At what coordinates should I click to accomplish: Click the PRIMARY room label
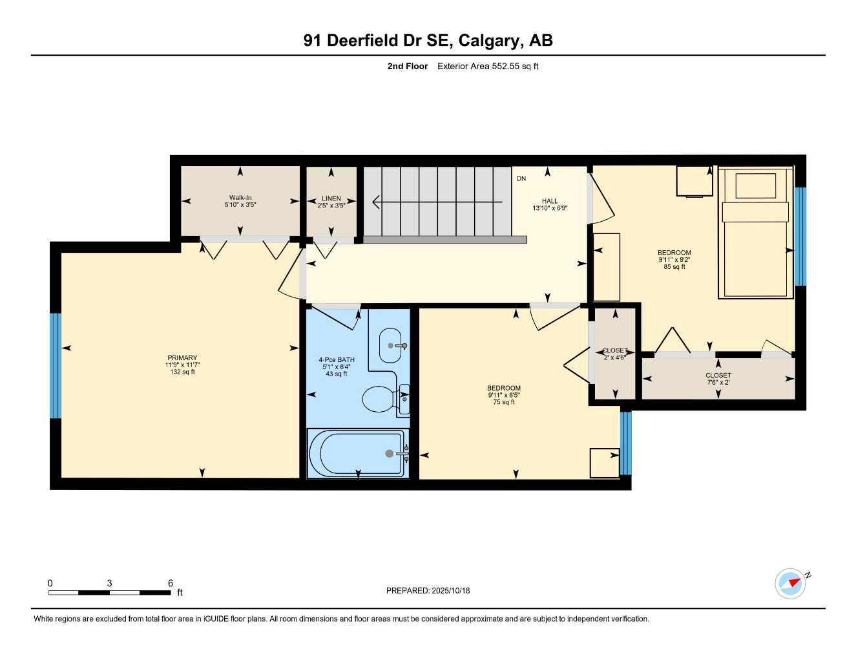pyautogui.click(x=182, y=358)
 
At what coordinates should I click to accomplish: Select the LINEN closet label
pyautogui.click(x=331, y=198)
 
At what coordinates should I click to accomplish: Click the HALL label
pyautogui.click(x=550, y=201)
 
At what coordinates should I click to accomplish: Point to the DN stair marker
pyautogui.click(x=521, y=178)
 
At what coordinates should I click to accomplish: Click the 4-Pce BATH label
pyautogui.click(x=337, y=360)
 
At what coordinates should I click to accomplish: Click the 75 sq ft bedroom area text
pyautogui.click(x=504, y=402)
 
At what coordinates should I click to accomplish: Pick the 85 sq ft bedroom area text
pyautogui.click(x=674, y=266)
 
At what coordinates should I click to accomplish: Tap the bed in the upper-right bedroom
pyautogui.click(x=756, y=233)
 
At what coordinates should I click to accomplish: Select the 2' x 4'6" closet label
pyautogui.click(x=614, y=354)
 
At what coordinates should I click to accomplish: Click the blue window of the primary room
pyautogui.click(x=56, y=366)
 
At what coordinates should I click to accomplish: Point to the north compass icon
pyautogui.click(x=791, y=583)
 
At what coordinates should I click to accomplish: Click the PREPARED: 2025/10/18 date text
pyautogui.click(x=428, y=590)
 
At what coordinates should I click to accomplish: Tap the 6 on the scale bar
pyautogui.click(x=171, y=583)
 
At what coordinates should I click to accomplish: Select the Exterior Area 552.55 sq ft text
pyautogui.click(x=488, y=66)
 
